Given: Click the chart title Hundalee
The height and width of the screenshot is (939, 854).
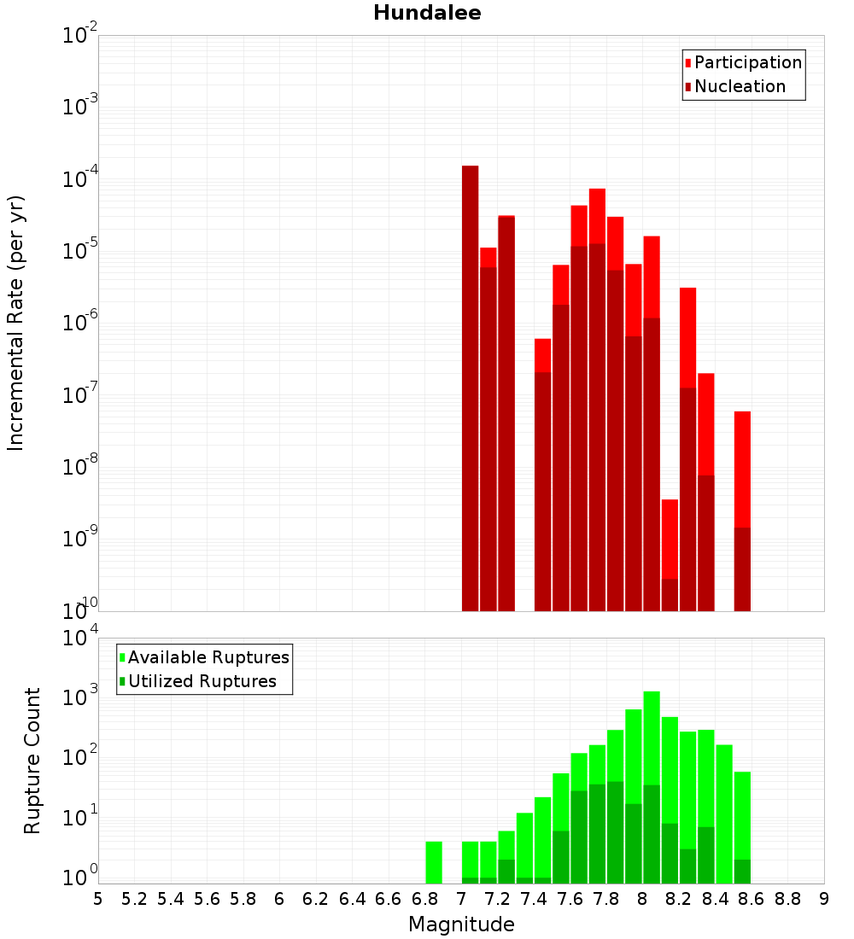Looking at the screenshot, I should click(x=427, y=13).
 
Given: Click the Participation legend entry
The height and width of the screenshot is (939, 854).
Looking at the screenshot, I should click(x=747, y=62).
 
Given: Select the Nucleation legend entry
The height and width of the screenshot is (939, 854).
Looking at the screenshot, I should click(x=739, y=86).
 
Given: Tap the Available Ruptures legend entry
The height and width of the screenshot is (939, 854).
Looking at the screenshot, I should click(x=208, y=657).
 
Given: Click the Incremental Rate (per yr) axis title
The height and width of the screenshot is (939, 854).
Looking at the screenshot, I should click(x=16, y=324).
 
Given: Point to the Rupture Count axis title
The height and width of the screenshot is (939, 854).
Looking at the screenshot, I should click(x=32, y=761).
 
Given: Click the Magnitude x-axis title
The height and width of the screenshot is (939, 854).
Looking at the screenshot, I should click(x=461, y=924).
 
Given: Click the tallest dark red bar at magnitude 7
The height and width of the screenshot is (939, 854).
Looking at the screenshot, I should click(x=470, y=384).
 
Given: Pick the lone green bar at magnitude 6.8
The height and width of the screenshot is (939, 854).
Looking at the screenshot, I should click(x=434, y=862).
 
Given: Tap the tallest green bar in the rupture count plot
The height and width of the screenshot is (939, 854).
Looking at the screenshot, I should click(x=652, y=785).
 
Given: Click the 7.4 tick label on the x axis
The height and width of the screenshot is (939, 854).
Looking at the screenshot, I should click(x=534, y=899).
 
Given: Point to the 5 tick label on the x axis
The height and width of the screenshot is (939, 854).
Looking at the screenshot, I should click(x=98, y=899).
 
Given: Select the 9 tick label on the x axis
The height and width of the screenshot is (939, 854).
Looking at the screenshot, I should click(x=824, y=899).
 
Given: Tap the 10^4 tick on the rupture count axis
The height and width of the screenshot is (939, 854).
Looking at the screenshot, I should click(x=80, y=639).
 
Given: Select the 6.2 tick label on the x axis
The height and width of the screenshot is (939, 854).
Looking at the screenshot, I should click(x=316, y=899).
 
